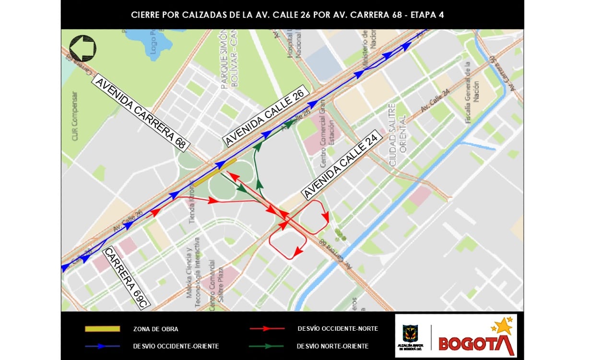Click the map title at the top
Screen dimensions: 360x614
click(x=287, y=15)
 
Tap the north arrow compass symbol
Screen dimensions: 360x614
click(x=83, y=48)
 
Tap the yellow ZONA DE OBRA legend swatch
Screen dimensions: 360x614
click(x=102, y=329)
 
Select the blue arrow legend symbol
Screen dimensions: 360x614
click(x=102, y=346)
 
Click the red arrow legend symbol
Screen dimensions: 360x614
click(x=267, y=329)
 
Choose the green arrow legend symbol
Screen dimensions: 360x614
click(x=267, y=346)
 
